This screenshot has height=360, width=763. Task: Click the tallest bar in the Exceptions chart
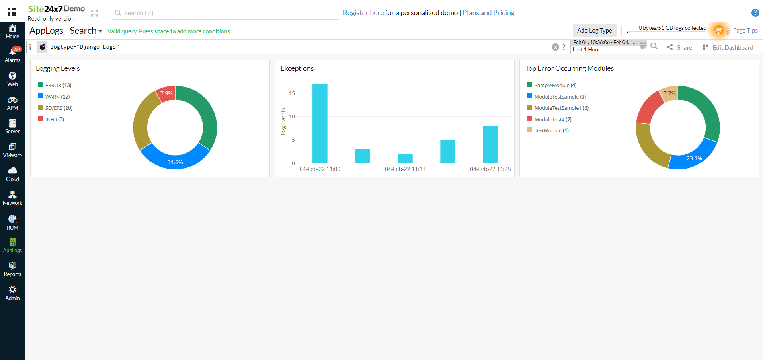tap(320, 123)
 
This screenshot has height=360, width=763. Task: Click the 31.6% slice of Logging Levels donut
tap(175, 161)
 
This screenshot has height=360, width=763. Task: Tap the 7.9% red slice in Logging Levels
tap(166, 94)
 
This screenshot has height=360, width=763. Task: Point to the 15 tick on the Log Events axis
tap(292, 93)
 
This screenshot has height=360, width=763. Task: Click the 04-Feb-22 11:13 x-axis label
tap(405, 169)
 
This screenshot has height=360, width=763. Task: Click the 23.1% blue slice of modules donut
tap(694, 158)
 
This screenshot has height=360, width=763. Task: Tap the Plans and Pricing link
tap(488, 13)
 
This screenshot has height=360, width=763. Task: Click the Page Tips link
tap(745, 31)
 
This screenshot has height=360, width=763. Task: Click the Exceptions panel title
tap(297, 68)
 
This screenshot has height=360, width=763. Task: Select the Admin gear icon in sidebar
tap(12, 290)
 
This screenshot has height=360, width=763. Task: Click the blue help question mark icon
tap(755, 13)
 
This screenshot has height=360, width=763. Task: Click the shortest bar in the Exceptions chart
tap(405, 158)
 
